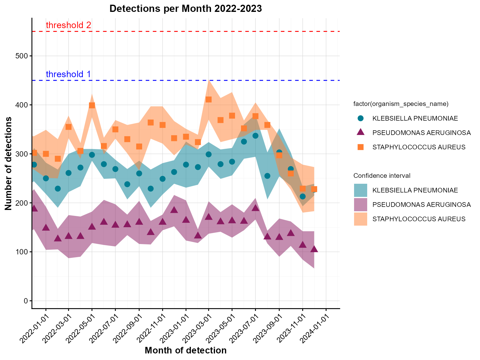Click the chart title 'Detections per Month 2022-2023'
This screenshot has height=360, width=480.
[185, 9]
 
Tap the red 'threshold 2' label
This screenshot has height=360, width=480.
[68, 25]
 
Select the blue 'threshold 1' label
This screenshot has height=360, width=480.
[68, 74]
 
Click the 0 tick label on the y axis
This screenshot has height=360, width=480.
[26, 301]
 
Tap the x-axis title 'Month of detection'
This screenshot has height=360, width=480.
[186, 351]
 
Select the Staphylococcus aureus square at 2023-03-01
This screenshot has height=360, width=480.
[209, 99]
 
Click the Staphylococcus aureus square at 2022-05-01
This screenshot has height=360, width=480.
[92, 105]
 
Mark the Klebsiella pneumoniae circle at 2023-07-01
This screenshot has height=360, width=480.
[255, 136]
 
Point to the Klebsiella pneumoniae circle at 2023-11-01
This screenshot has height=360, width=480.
[302, 197]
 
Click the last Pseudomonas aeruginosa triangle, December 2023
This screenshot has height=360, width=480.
[314, 249]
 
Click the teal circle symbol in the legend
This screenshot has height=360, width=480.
[361, 118]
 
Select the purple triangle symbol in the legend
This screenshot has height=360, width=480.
[361, 132]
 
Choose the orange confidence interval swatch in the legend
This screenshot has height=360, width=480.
[361, 219]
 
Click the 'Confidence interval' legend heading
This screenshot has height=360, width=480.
[382, 176]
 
